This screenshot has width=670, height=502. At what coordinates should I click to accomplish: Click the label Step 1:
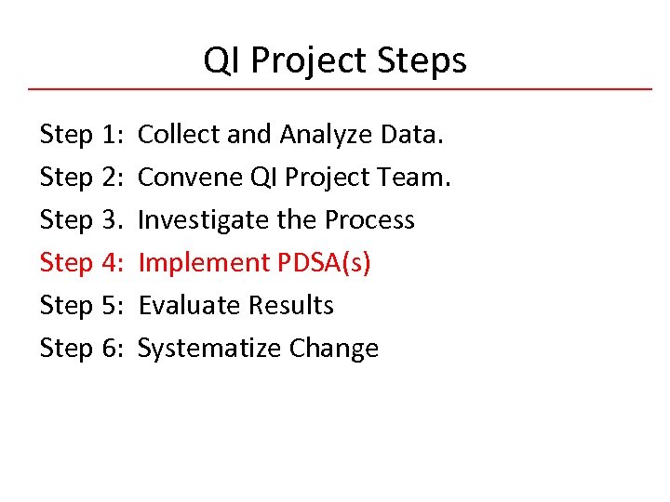[x=82, y=135]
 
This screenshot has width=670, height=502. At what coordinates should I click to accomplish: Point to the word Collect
[x=179, y=135]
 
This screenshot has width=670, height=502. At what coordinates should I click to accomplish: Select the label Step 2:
[x=82, y=178]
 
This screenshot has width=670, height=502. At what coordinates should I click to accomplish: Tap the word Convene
[x=189, y=178]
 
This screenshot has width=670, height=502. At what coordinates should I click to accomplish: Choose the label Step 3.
[x=82, y=220]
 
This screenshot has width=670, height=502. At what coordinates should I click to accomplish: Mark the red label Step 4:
[x=82, y=263]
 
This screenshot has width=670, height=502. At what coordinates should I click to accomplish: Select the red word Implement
[x=204, y=263]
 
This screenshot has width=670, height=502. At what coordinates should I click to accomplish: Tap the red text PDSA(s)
[x=325, y=263]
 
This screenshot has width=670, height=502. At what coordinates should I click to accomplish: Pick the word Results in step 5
[x=291, y=306]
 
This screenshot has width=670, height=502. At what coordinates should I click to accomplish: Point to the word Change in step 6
[x=334, y=349]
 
